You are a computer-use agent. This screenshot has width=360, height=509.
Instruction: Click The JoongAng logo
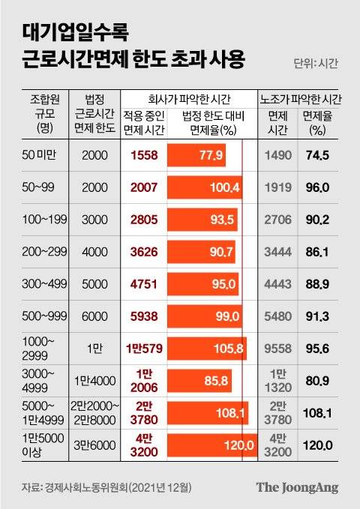pyautogui.click(x=297, y=487)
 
